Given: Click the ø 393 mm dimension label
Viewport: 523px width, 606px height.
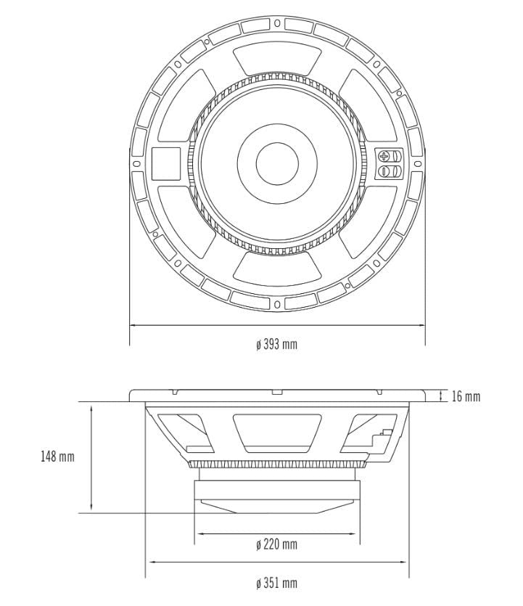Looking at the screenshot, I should click(276, 344).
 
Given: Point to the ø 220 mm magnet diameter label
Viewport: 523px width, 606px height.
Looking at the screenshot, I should click(276, 544).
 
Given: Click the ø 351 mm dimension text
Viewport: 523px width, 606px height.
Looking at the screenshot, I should click(276, 583).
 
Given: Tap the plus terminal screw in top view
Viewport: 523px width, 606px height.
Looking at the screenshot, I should click(385, 155).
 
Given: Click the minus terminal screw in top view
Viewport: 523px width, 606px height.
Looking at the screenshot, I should click(385, 171).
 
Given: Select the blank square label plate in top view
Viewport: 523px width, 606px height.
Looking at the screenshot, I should click(165, 163).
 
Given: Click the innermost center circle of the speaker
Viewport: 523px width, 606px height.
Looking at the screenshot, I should click(276, 163).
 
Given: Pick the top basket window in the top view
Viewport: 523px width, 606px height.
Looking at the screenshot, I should click(276, 58).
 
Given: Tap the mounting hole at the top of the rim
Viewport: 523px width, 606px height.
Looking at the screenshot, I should click(276, 23).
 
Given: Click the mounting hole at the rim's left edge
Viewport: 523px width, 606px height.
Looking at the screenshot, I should click(136, 163).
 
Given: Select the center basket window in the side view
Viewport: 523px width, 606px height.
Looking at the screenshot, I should click(276, 431).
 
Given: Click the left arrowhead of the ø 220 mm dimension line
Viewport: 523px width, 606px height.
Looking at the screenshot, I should click(198, 533).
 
